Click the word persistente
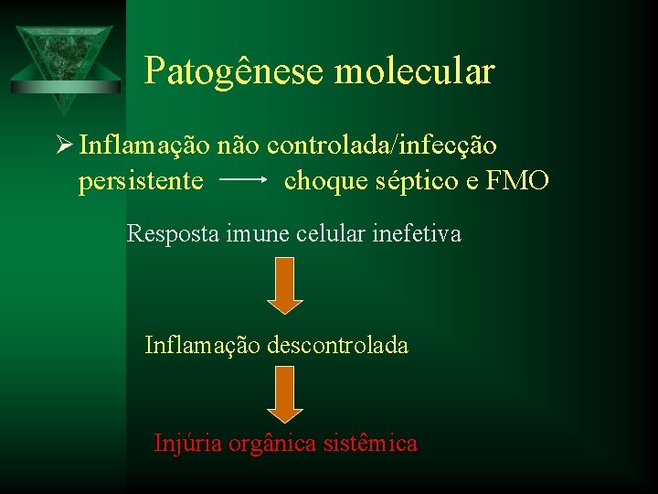(141, 181)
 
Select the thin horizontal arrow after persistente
(243, 180)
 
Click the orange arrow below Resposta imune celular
(284, 285)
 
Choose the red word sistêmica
(369, 444)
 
